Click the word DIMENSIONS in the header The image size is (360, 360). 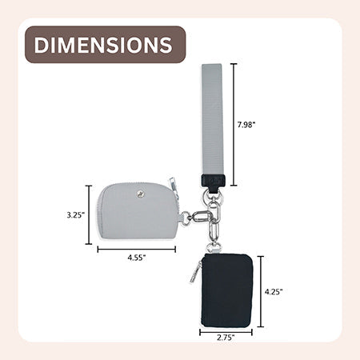coord(103,45)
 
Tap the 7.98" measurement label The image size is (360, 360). coord(246,125)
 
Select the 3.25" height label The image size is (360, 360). coord(76,215)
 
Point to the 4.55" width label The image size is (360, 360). coord(137,258)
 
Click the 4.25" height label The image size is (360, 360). coord(274,292)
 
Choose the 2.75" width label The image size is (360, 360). coord(226,338)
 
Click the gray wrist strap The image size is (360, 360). coord(212,119)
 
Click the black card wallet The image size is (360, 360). coord(226,290)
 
